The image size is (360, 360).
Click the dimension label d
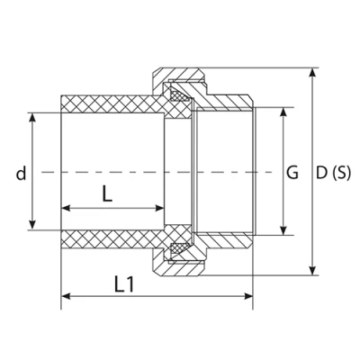coord(19,172)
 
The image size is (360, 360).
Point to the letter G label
coord(292,172)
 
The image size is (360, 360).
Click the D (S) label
coord(334,172)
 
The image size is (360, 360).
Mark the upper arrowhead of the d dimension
coord(34,117)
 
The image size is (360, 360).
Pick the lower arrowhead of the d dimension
coord(34,225)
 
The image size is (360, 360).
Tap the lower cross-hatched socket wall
coord(108,240)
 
